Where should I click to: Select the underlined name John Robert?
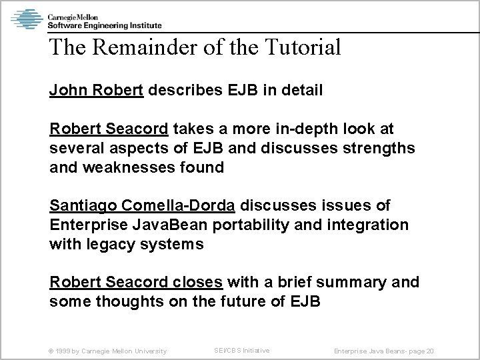[97, 90]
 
